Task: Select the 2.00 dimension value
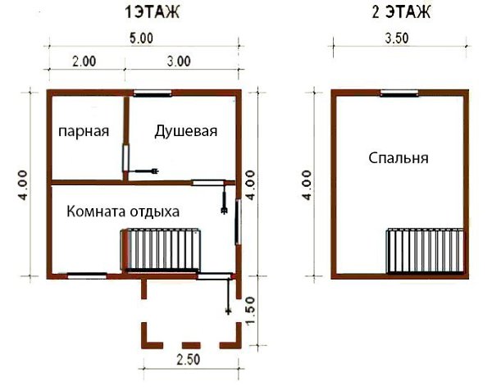(x=84, y=61)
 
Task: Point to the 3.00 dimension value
(x=178, y=61)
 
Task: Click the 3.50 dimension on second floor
(x=399, y=38)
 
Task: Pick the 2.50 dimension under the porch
(x=189, y=359)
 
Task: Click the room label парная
(x=83, y=131)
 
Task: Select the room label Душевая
(x=186, y=131)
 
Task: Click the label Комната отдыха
(x=123, y=211)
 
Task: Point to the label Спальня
(x=399, y=158)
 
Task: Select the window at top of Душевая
(x=153, y=93)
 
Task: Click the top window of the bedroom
(x=399, y=93)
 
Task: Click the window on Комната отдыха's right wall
(x=238, y=221)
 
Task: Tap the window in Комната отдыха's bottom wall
(x=87, y=275)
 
